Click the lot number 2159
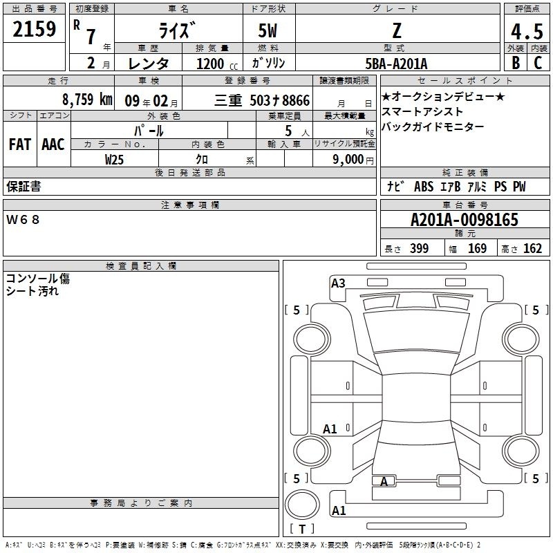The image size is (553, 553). pyautogui.click(x=34, y=29)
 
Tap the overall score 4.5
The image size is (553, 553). pyautogui.click(x=527, y=32)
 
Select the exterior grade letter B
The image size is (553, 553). pyautogui.click(x=516, y=63)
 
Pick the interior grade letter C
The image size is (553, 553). pyautogui.click(x=538, y=63)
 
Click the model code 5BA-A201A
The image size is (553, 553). pyautogui.click(x=396, y=64)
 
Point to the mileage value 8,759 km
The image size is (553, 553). pyautogui.click(x=87, y=100)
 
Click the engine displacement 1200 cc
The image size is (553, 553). pyautogui.click(x=217, y=64)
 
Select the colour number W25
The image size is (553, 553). pyautogui.click(x=114, y=160)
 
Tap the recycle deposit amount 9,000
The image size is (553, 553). pyautogui.click(x=348, y=160)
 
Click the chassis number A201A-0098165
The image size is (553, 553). pyautogui.click(x=465, y=220)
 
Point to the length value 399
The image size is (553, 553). pyautogui.click(x=419, y=248)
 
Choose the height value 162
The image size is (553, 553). pyautogui.click(x=532, y=248)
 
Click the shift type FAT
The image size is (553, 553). pyautogui.click(x=20, y=144)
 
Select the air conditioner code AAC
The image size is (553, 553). pyautogui.click(x=53, y=144)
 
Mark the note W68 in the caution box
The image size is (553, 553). pyautogui.click(x=23, y=220)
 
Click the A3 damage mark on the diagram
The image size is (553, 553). pyautogui.click(x=338, y=283)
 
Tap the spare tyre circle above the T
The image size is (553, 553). pyautogui.click(x=302, y=505)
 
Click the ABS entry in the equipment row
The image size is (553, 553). pyautogui.click(x=424, y=187)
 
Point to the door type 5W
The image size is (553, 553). pyautogui.click(x=268, y=30)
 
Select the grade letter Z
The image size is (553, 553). pyautogui.click(x=397, y=30)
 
